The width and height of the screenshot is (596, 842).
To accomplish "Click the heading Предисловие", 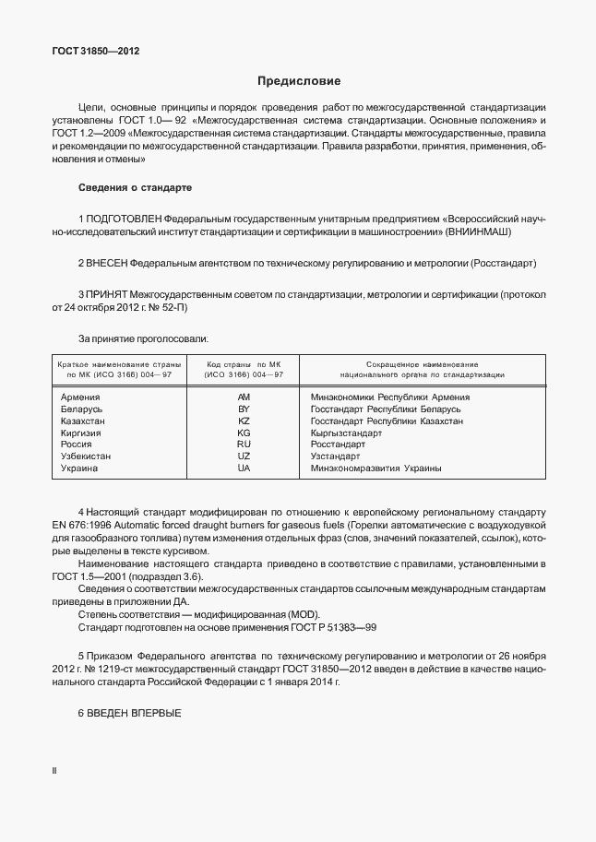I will [298, 81].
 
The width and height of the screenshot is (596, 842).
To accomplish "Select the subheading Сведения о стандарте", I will [135, 187].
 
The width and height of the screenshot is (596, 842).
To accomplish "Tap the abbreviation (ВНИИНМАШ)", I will [478, 232].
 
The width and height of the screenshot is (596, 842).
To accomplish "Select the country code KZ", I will [244, 421].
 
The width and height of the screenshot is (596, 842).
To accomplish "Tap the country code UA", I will [244, 468].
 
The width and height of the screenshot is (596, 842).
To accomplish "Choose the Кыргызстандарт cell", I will [346, 433].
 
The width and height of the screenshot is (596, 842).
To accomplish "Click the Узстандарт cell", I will [335, 457].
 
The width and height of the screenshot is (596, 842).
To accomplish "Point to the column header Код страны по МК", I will [244, 365].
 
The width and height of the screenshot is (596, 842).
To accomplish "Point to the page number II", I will [54, 770].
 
